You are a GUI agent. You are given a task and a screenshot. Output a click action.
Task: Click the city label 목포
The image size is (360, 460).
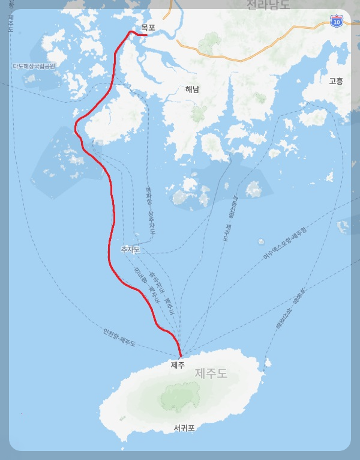coord(148,28)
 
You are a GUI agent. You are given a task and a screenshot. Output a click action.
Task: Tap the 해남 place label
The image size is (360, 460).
coord(192,89)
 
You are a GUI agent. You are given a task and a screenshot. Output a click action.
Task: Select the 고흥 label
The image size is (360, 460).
coord(336,80)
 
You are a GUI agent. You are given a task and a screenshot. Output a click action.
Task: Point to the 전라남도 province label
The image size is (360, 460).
coord(268,5)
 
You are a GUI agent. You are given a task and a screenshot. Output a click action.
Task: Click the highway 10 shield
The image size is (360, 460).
coord(337,22)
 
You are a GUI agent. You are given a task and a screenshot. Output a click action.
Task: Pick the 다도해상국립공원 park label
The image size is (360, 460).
coord(34,66)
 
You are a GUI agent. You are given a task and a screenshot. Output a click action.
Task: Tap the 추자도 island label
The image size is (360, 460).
coord(130,249)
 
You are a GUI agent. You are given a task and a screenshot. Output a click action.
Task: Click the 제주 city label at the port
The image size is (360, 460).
coord(178,365)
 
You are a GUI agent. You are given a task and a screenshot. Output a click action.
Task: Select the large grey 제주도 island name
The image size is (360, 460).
coord(211,374)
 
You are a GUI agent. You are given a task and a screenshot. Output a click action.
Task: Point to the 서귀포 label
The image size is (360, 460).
coord(184,428)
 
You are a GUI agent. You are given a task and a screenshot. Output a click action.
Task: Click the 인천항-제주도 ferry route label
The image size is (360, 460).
coord(119,337)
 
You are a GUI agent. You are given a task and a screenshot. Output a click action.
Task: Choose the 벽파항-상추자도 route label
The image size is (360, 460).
coord(151,210)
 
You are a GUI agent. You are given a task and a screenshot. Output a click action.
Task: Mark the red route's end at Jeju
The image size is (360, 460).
coord(180,356)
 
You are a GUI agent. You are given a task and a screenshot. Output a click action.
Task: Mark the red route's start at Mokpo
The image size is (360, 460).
coord(146,35)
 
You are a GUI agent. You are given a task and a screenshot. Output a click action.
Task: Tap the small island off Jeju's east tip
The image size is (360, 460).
coord(268,363)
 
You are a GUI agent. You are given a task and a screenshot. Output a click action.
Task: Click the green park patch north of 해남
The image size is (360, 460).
coord(209,42)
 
